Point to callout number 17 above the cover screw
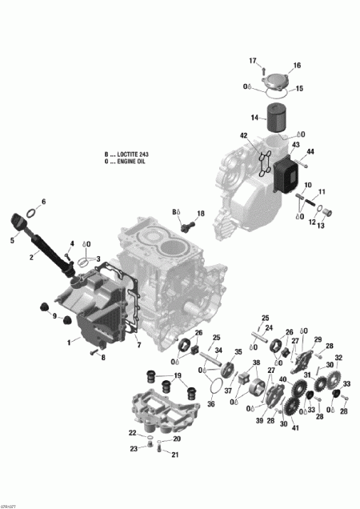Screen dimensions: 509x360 tap(253, 61)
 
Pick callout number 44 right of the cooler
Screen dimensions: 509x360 tap(310, 151)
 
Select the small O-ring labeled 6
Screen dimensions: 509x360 tap(31, 213)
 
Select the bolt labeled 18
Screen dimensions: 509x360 tap(189, 226)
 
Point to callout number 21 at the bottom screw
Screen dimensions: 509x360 tap(176, 455)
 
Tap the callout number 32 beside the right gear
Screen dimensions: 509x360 tap(339, 358)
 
